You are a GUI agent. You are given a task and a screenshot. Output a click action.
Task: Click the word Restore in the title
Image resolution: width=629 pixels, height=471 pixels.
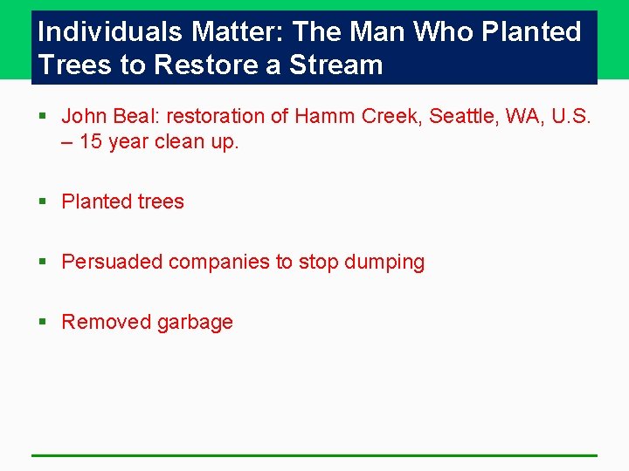coord(193,65)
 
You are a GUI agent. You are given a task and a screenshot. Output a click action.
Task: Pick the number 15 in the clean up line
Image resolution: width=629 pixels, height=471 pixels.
coord(91,141)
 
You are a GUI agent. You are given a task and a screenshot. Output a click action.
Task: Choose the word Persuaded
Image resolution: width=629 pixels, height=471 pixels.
coord(112,262)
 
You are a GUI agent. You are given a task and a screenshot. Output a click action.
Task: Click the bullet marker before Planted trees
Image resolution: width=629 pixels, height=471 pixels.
coord(43,201)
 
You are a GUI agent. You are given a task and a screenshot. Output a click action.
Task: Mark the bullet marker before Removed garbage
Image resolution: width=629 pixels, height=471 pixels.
coord(43,323)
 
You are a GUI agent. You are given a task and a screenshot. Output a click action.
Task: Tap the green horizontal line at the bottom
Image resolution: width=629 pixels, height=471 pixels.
coord(314,454)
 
